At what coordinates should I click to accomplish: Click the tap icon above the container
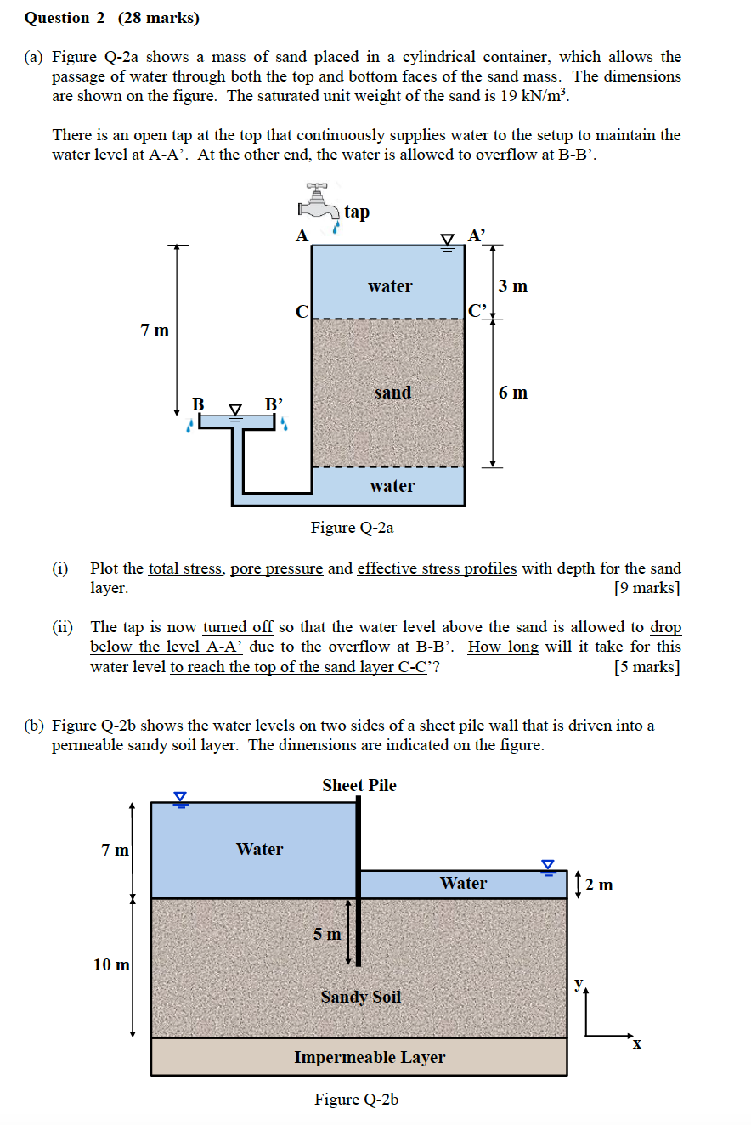(319, 201)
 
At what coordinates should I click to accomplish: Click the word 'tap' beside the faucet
(357, 212)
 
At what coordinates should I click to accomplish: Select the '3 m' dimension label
(513, 286)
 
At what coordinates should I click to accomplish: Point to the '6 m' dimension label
(513, 393)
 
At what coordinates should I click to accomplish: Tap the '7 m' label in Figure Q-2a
(155, 331)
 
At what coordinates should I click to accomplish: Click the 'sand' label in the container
(392, 393)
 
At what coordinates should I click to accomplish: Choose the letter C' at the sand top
(477, 310)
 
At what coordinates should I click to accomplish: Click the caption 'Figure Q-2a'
(352, 528)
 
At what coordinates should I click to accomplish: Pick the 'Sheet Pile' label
(359, 785)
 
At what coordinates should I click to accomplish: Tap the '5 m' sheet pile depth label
(327, 934)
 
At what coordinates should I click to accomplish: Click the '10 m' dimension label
(111, 964)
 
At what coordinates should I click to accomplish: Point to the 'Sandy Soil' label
(360, 997)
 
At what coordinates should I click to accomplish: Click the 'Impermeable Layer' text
(370, 1058)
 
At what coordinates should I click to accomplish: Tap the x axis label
(635, 1045)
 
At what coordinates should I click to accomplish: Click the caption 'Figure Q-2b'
(356, 1100)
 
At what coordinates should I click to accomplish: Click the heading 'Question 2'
(57, 18)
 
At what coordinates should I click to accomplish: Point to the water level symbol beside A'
(448, 240)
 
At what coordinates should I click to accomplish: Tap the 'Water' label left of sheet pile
(259, 849)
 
